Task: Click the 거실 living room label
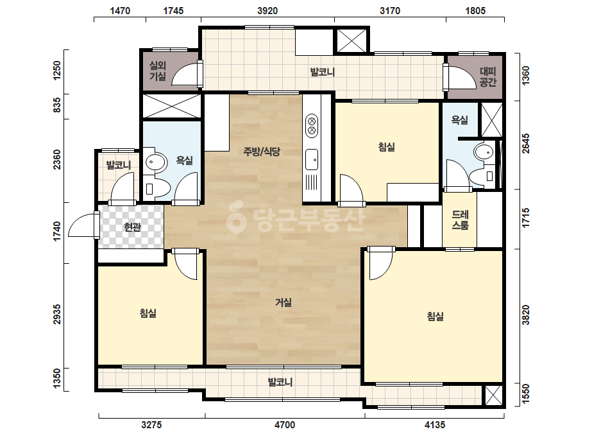click(283, 302)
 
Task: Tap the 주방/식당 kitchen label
click(262, 152)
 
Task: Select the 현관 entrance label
click(133, 227)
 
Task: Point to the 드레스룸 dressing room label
click(461, 220)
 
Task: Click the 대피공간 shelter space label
click(488, 77)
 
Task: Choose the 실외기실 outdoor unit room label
click(157, 71)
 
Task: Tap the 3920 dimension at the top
click(267, 10)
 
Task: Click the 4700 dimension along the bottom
click(285, 425)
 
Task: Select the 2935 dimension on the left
click(56, 314)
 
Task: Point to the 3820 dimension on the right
click(525, 315)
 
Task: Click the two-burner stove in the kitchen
click(312, 125)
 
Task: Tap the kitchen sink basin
click(312, 159)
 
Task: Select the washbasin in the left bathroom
click(156, 162)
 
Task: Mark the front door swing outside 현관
click(83, 225)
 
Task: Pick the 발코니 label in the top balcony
click(323, 72)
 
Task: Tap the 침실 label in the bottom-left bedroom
click(148, 313)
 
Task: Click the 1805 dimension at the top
click(475, 10)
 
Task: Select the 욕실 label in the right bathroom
click(460, 120)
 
